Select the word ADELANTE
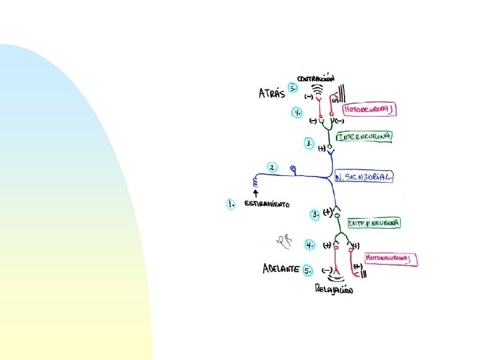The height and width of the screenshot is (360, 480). [x=280, y=269]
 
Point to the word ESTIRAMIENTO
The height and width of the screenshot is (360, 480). [x=267, y=204]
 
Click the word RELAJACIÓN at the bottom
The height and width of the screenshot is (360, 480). [x=335, y=289]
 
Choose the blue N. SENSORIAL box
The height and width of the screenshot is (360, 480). [x=363, y=177]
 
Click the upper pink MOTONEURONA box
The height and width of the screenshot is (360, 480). [x=370, y=109]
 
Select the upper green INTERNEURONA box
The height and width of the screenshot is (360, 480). [x=365, y=137]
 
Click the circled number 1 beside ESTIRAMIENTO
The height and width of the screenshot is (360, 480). [x=231, y=203]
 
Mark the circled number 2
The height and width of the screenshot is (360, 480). [x=272, y=167]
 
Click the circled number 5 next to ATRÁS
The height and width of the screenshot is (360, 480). [x=293, y=88]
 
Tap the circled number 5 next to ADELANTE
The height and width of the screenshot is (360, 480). [x=308, y=270]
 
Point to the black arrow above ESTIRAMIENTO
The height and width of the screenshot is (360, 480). [x=255, y=193]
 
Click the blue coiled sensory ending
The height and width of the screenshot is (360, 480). [x=254, y=181]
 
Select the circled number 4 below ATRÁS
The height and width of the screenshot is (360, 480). [x=297, y=113]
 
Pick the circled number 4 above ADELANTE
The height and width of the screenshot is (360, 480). [x=310, y=245]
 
